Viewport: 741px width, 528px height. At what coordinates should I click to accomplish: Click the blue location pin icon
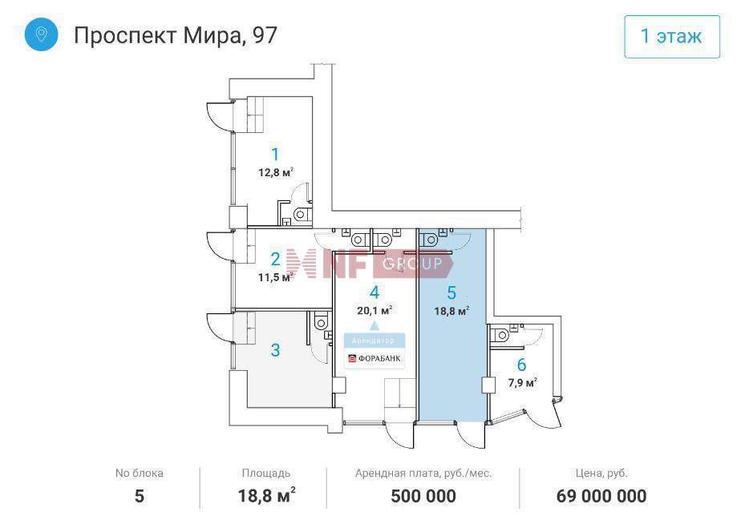pos(42,34)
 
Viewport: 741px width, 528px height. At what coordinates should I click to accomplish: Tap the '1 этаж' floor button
pos(671,36)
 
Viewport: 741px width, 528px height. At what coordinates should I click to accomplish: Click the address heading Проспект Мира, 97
pos(176,35)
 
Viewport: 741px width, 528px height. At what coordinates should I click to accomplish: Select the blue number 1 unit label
pos(275,154)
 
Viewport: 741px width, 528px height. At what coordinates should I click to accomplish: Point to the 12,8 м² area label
pos(276,172)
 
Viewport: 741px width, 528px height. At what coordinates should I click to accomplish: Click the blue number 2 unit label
pos(276,259)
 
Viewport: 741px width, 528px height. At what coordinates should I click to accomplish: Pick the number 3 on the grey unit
pos(275,350)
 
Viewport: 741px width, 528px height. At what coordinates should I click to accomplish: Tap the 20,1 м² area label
pos(375,310)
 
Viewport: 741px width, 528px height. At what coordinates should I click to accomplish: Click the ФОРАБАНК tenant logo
pos(375,358)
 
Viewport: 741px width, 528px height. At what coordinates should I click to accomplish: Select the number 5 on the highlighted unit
pos(451,292)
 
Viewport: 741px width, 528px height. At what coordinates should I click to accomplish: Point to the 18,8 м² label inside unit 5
pos(451,311)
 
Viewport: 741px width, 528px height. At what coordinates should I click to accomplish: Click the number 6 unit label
pos(521,365)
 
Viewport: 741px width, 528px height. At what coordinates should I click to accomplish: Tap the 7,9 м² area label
pos(522,382)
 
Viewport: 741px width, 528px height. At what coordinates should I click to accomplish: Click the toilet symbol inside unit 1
pos(301,215)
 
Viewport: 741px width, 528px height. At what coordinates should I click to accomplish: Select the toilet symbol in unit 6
pos(501,336)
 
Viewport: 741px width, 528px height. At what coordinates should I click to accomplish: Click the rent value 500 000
pos(423,497)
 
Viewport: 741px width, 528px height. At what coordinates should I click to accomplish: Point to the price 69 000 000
pos(601,497)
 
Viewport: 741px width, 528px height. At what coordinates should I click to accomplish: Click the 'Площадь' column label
pos(266,474)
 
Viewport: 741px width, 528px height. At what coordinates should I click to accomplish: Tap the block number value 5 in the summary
pos(140,497)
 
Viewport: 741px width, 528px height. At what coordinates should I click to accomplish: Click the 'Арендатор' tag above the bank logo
pos(373,341)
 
